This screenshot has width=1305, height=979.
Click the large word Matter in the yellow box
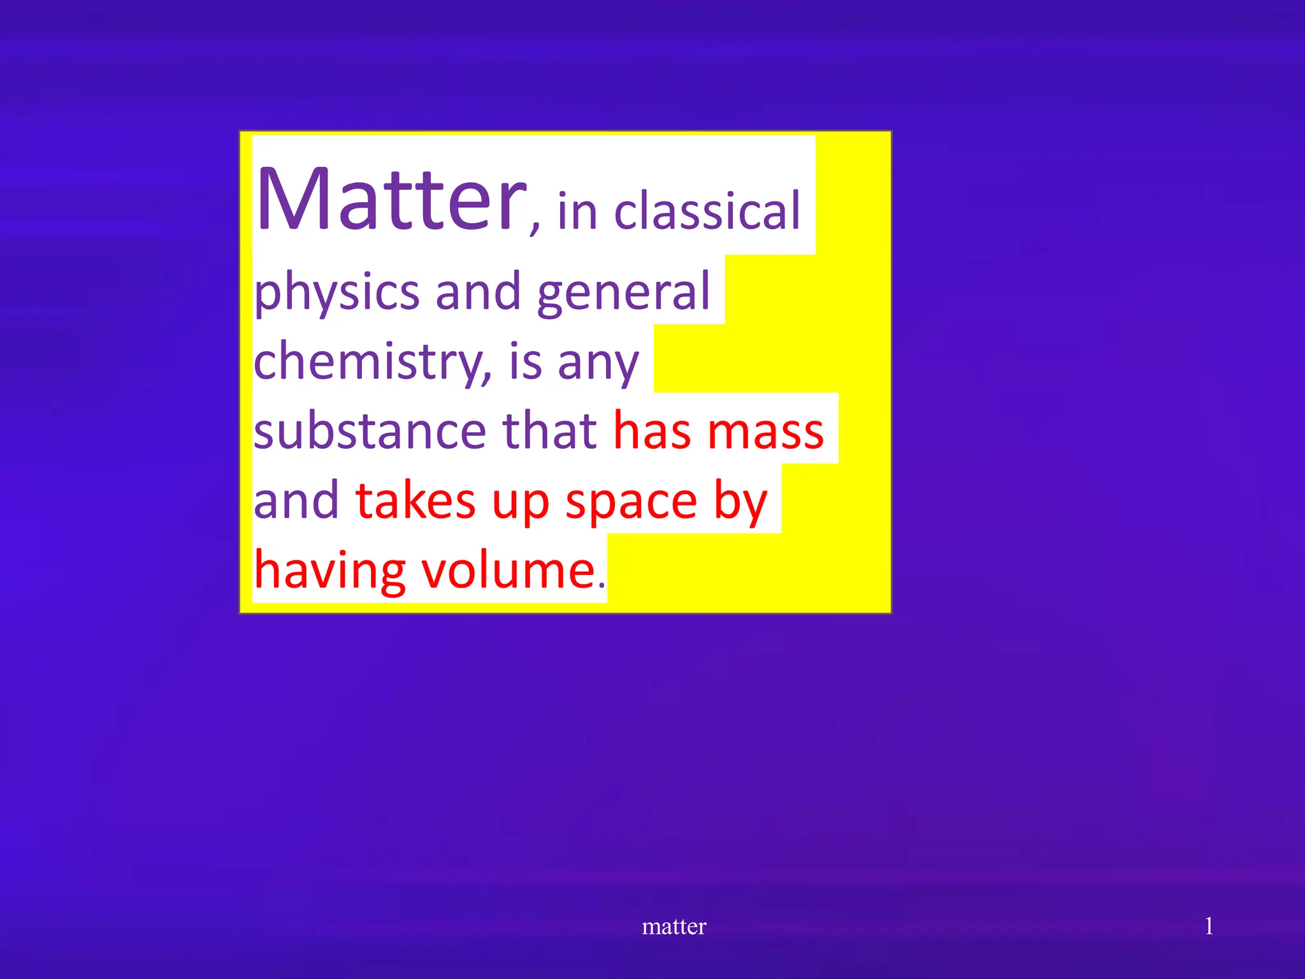pyautogui.click(x=391, y=199)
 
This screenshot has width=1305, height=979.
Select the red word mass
pyautogui.click(x=766, y=431)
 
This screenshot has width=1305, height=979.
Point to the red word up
pyautogui.click(x=520, y=504)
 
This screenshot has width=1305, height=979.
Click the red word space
pyautogui.click(x=631, y=504)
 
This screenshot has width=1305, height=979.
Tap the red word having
pyautogui.click(x=329, y=571)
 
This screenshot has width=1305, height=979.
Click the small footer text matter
pyautogui.click(x=674, y=926)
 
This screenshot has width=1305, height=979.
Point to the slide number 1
pyautogui.click(x=1208, y=925)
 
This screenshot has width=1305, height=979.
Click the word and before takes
pyautogui.click(x=296, y=501)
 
